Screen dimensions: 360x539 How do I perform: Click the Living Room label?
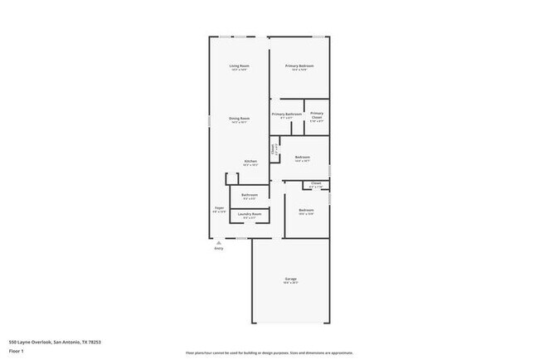(240, 66)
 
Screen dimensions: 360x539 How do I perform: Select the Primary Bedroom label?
(299, 66)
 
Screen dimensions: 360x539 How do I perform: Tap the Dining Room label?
(240, 119)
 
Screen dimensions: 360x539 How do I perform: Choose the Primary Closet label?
(317, 114)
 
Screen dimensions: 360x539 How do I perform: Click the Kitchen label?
(250, 161)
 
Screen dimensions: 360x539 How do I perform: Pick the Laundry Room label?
(250, 214)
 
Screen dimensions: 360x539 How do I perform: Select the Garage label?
(290, 280)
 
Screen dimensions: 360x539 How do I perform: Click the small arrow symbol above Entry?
(219, 242)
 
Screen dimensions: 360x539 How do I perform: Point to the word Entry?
(219, 248)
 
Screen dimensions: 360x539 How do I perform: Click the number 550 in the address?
(12, 340)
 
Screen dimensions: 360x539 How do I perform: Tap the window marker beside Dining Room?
(208, 121)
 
